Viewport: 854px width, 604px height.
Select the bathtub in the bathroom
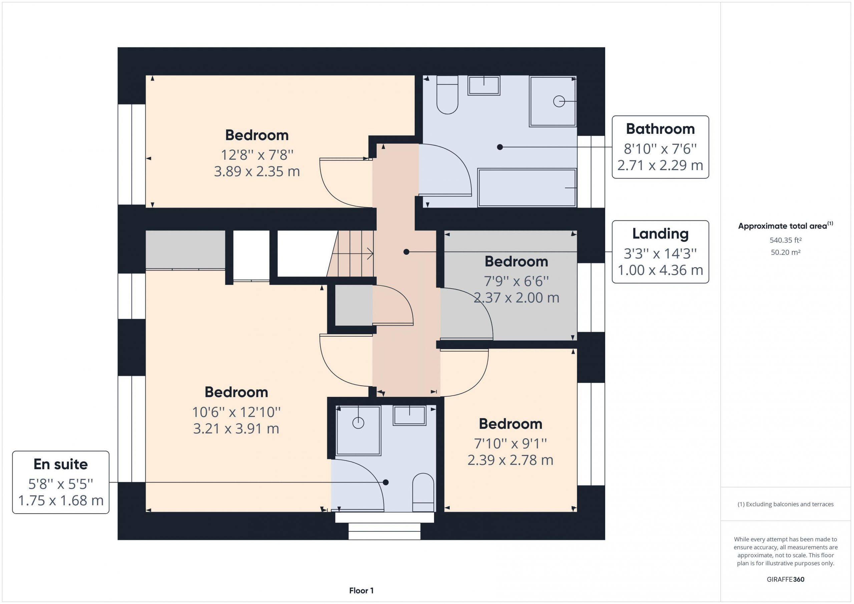pos(527,188)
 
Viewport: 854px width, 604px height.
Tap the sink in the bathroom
pos(483,85)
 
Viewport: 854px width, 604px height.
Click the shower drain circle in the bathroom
pos(559,101)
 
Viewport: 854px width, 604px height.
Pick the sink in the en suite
pos(410,415)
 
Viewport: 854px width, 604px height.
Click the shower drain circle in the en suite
pos(358,423)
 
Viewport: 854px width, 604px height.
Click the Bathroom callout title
pos(660,129)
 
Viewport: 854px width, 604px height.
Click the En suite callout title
pos(61,464)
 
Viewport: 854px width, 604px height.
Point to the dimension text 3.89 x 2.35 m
pos(257,171)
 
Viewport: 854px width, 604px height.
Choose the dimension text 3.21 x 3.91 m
pos(236,429)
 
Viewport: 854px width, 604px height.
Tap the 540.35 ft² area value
pos(786,240)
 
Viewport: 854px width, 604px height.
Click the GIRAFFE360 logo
pos(786,579)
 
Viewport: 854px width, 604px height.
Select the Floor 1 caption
pos(361,591)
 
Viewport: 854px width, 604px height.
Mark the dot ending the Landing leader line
pos(406,252)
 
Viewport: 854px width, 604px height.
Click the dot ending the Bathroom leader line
pos(500,147)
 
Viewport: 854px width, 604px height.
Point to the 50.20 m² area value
pos(786,252)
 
